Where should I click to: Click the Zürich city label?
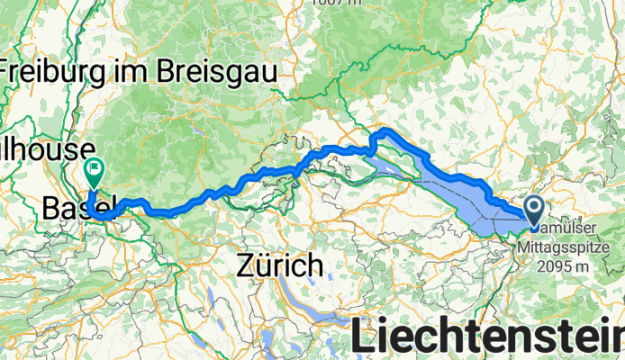280,265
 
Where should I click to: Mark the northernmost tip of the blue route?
388,131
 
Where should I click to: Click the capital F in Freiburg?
8,69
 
